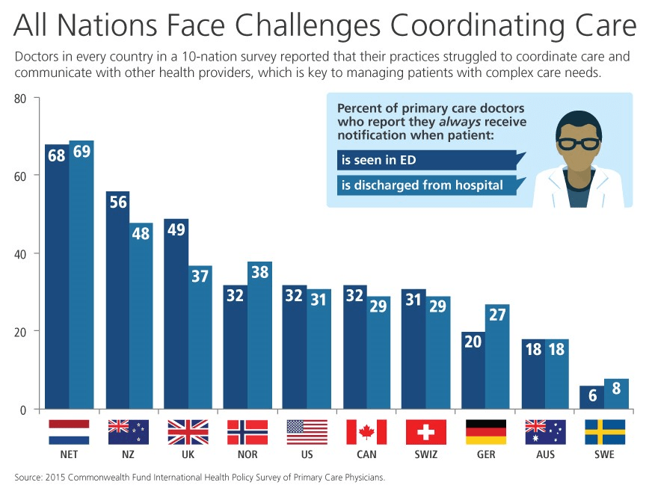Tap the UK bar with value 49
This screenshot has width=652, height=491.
[176, 314]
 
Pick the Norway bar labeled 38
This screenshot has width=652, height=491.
[259, 336]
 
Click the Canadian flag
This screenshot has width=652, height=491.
[366, 432]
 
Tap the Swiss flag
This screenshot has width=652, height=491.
[425, 432]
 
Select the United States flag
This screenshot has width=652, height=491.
[307, 432]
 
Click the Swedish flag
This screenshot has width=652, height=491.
[605, 432]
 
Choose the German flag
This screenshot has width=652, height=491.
[485, 432]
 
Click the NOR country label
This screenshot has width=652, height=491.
[247, 454]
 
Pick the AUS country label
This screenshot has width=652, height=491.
[545, 454]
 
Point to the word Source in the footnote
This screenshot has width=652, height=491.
[29, 477]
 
